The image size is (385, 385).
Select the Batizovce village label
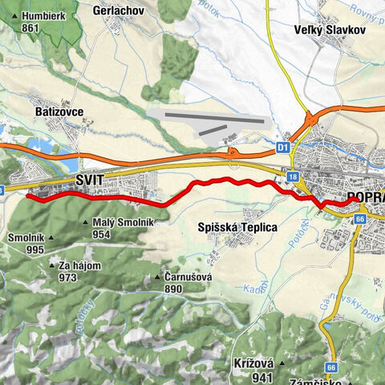[60, 112]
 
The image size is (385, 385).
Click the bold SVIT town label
[90, 181]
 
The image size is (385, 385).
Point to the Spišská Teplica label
[237, 227]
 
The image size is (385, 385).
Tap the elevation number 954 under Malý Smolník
[101, 234]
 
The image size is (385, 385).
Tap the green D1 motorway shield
[282, 148]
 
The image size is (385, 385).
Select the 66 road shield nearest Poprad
[359, 218]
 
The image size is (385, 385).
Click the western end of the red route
[28, 195]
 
